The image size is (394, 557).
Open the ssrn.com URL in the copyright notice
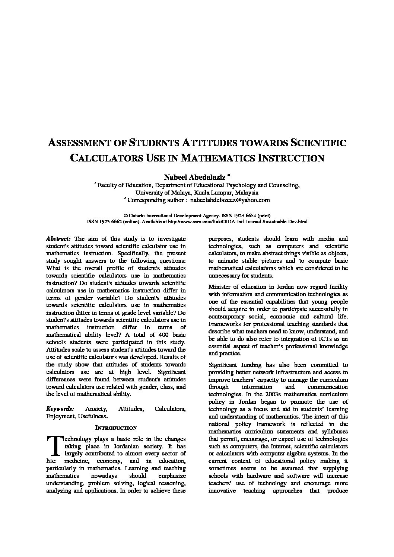point(238,221)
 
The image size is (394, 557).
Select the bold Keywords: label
point(60,409)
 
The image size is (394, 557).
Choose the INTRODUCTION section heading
point(116,428)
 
